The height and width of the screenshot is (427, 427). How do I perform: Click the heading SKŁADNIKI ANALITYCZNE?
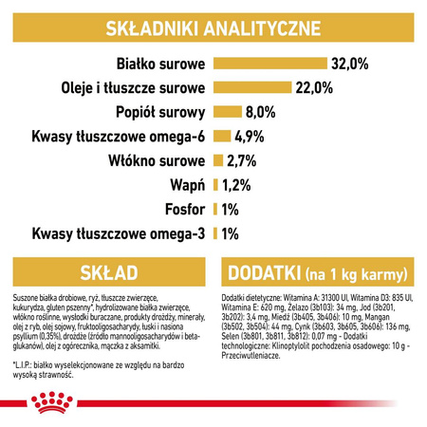(213, 26)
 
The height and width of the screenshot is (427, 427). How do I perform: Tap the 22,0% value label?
(313, 88)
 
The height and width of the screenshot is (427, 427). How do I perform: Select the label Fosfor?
(182, 208)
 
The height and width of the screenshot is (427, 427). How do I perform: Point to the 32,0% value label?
(349, 64)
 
